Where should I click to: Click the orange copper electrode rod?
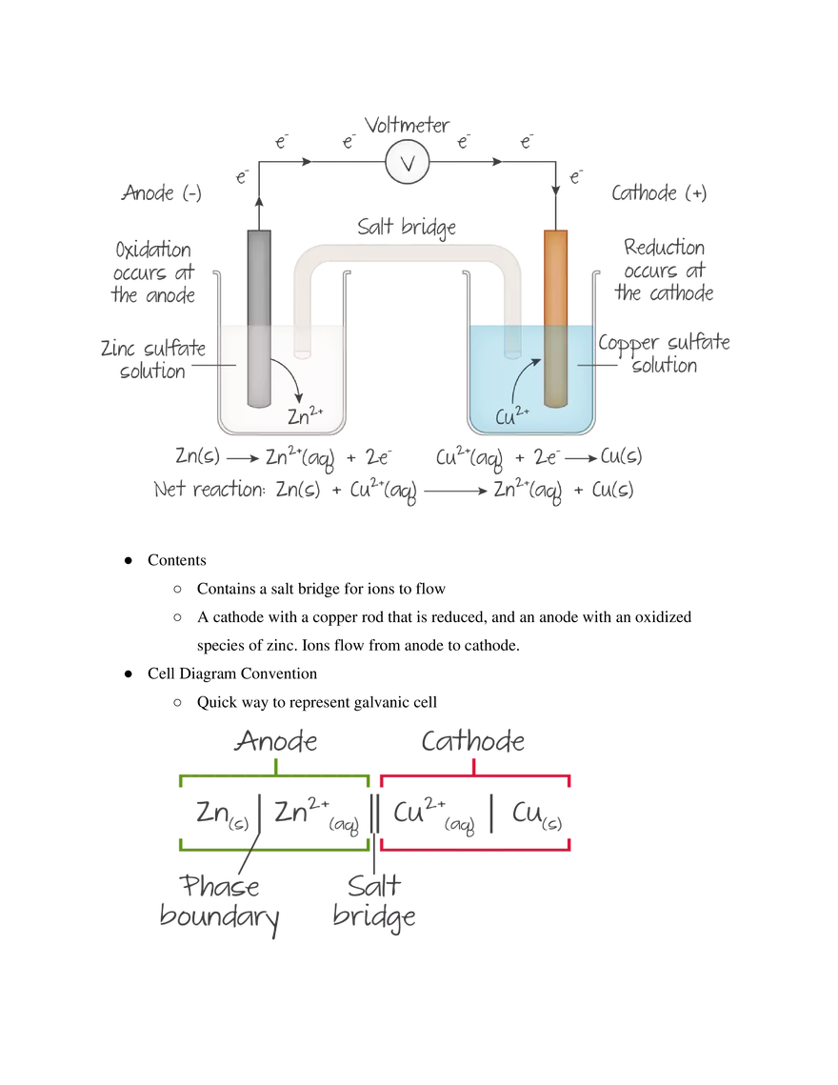click(x=554, y=314)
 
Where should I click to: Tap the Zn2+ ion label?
click(x=306, y=415)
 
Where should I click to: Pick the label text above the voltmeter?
click(x=409, y=123)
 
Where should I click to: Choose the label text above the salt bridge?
click(x=408, y=225)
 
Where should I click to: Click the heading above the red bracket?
click(x=476, y=741)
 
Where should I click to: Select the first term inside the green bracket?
click(x=218, y=811)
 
